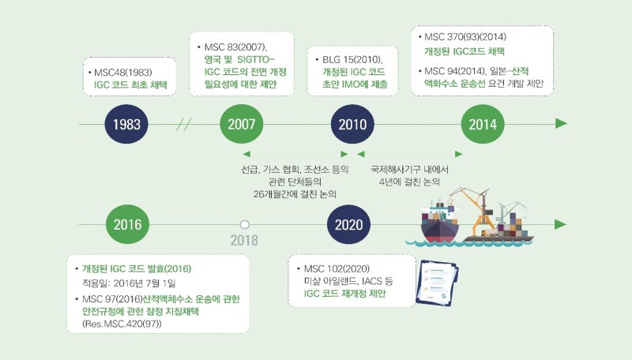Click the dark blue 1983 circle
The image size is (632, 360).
click(126, 125)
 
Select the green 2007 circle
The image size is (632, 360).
click(241, 125)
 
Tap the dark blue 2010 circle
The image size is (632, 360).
click(352, 125)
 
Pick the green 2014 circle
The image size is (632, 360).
click(483, 125)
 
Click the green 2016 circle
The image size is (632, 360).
click(126, 223)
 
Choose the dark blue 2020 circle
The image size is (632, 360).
click(348, 223)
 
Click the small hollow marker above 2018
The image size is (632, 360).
click(245, 224)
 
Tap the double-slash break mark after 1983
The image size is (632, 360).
click(185, 125)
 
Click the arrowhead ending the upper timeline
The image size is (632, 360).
click(561, 124)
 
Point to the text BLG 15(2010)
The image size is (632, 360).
click(352, 59)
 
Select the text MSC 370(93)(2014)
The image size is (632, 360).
click(465, 37)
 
